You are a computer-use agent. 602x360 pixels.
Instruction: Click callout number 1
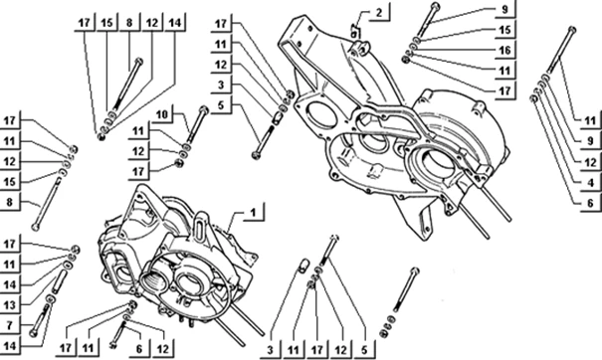click(253, 212)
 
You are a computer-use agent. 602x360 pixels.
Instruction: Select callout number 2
click(379, 12)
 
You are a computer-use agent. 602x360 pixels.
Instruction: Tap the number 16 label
click(504, 50)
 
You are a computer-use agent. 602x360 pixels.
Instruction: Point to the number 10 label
click(162, 114)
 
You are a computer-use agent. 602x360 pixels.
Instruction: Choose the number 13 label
click(10, 304)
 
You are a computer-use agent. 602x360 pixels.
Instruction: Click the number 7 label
click(10, 325)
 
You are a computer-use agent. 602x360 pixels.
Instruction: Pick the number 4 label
click(590, 182)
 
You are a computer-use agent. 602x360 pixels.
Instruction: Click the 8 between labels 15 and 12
click(129, 23)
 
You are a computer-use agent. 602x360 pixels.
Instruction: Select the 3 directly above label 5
click(221, 85)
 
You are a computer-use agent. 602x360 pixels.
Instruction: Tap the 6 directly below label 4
click(590, 203)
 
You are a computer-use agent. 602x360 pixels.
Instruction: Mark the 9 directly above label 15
click(504, 9)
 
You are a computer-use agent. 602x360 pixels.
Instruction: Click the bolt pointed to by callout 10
click(197, 125)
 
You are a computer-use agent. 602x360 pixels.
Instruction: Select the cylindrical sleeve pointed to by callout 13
click(61, 280)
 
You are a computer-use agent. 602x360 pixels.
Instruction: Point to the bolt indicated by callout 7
click(40, 319)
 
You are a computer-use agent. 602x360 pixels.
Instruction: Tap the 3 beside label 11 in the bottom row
click(270, 350)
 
